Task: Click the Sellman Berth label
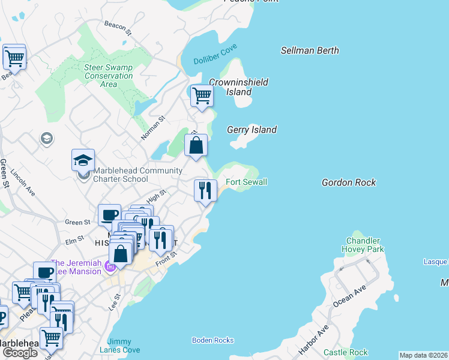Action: (310, 51)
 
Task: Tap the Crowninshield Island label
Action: (238, 87)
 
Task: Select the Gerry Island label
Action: (252, 130)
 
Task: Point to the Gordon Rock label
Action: (348, 182)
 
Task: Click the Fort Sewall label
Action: (246, 182)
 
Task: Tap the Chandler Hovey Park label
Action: (362, 245)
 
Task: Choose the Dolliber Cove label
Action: (215, 54)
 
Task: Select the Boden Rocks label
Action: (212, 340)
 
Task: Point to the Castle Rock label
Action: (345, 352)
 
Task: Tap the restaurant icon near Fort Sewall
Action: (205, 191)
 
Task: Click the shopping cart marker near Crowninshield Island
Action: (202, 95)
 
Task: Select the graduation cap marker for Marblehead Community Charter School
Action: (83, 160)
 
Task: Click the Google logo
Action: (20, 353)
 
